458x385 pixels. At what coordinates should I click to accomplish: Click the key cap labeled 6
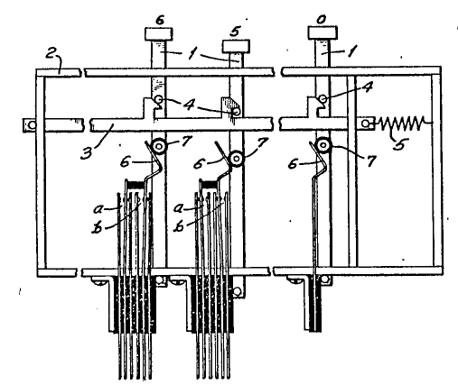159,34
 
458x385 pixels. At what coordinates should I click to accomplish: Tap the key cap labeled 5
236,46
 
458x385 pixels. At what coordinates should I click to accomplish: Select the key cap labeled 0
322,32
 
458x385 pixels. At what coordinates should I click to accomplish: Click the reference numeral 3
87,152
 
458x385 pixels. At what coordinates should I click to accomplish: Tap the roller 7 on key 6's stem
159,147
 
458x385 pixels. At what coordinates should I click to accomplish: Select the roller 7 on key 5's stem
237,158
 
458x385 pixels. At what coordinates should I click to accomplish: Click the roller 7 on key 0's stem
322,145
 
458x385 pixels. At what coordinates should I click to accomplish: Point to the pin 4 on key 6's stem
159,99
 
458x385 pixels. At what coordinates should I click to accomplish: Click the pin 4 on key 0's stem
322,98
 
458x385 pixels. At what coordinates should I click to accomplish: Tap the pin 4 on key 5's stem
237,112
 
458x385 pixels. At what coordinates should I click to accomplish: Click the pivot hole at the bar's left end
32,124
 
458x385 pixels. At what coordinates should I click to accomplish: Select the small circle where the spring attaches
366,124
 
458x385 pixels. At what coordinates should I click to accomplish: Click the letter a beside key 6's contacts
98,208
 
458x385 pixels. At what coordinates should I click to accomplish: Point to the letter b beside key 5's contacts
180,226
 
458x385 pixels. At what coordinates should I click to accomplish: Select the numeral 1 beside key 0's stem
351,51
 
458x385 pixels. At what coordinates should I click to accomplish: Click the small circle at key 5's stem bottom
238,291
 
